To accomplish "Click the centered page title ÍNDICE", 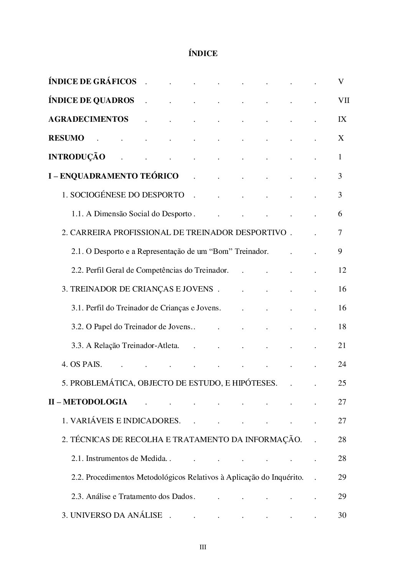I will coord(203,54).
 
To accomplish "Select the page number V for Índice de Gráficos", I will coord(341,81).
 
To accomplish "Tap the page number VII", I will coord(343,101).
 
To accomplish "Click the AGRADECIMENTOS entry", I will coord(88,119).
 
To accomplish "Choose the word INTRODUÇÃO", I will coord(77,157).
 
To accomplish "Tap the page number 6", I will coord(340,214).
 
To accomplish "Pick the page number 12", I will coord(342,270).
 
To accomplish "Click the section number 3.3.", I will coord(77,346).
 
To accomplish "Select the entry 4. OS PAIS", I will coord(82,365).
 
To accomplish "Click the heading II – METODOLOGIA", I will coord(87,402).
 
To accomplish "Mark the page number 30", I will coord(342,515).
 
